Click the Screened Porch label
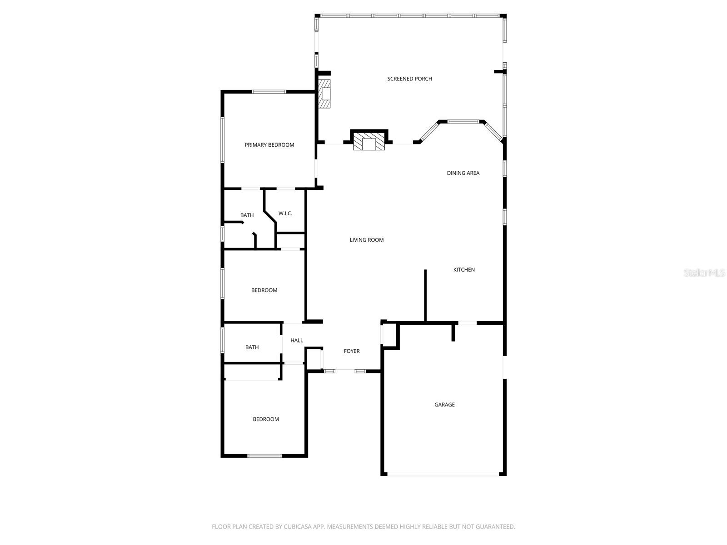click(409, 79)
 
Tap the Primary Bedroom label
click(269, 145)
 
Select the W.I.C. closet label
click(285, 213)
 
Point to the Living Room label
click(367, 240)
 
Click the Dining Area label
click(463, 173)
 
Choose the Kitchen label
click(464, 270)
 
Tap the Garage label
click(444, 405)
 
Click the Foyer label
click(352, 351)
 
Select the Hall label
click(297, 341)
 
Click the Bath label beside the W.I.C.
click(247, 215)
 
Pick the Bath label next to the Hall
click(252, 347)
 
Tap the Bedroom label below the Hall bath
click(266, 419)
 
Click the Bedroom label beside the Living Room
click(264, 290)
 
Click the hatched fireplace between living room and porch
click(369, 142)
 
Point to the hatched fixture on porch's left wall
click(325, 94)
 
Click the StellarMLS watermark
click(704, 272)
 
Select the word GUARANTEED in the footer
click(493, 527)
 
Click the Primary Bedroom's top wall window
click(269, 92)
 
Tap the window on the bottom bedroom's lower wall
click(264, 456)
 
